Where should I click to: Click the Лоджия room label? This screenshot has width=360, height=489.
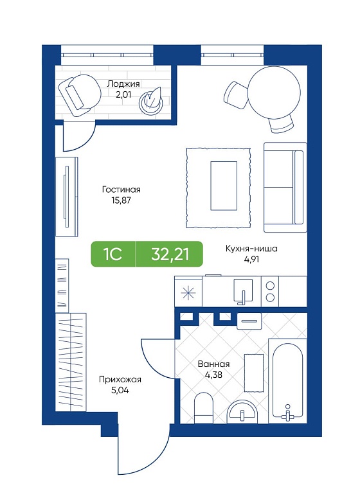(x=123, y=84)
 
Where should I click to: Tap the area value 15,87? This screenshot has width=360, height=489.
(x=121, y=200)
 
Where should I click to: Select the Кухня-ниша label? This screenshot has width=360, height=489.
(x=251, y=249)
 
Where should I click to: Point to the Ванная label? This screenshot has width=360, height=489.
(x=213, y=364)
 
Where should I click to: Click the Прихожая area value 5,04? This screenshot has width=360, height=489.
(x=120, y=390)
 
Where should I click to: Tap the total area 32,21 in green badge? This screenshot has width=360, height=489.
(x=170, y=254)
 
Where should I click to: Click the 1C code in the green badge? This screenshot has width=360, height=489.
(x=113, y=254)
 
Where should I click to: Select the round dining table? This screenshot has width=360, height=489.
(x=274, y=93)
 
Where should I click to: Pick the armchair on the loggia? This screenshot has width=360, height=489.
(x=80, y=95)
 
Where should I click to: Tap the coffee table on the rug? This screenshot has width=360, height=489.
(x=224, y=186)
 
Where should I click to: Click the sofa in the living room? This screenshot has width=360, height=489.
(x=285, y=187)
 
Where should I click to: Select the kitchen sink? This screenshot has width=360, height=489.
(x=243, y=290)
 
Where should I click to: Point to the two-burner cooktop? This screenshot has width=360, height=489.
(x=270, y=291)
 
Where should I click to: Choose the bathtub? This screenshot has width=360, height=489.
(x=287, y=381)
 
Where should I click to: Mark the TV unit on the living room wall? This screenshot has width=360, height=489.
(x=66, y=197)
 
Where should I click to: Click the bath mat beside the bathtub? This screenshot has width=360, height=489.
(x=254, y=372)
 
